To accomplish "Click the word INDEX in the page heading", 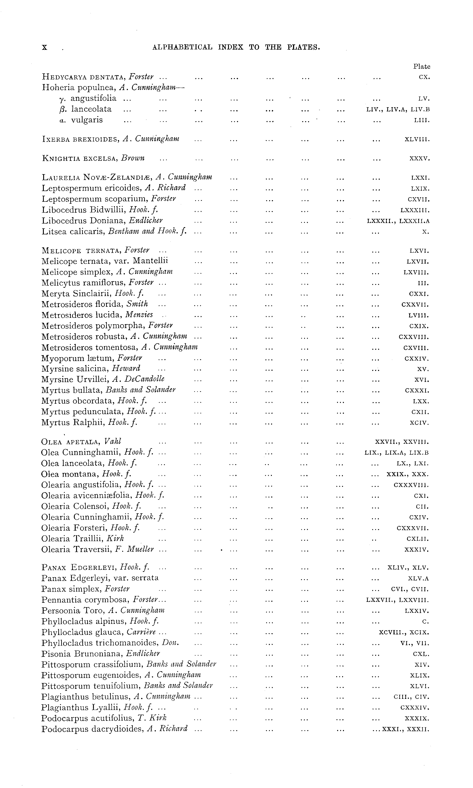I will tap(230, 47).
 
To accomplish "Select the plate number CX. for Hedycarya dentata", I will tap(424, 77).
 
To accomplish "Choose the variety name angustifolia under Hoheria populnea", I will tap(93, 99).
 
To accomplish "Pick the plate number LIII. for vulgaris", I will tap(421, 121).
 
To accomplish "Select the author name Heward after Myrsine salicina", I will tap(126, 369).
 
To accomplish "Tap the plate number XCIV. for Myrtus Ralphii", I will tap(419, 423).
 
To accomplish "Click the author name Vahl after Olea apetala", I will tap(113, 442).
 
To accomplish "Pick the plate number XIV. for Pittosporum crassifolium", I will tap(422, 665).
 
